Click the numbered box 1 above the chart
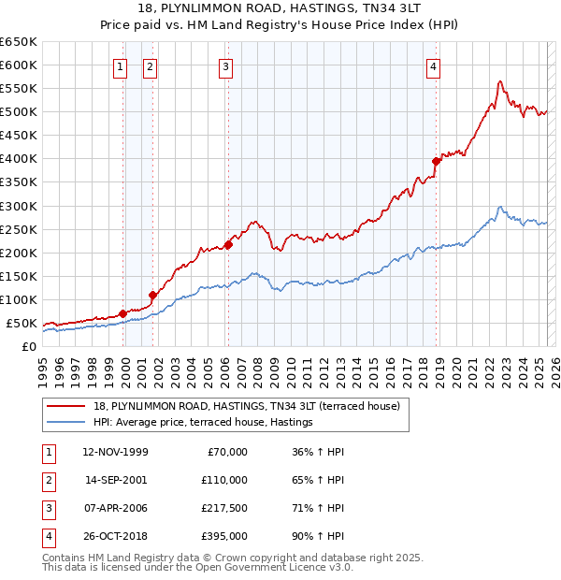point(121,66)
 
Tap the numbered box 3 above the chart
point(226,66)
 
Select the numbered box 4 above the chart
point(434,66)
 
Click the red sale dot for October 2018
point(436,161)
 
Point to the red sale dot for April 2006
point(227,244)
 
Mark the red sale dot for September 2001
point(152,295)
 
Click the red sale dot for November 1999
point(122,313)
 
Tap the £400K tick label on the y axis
point(18,158)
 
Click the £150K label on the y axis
point(18,276)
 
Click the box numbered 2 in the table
point(47,480)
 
